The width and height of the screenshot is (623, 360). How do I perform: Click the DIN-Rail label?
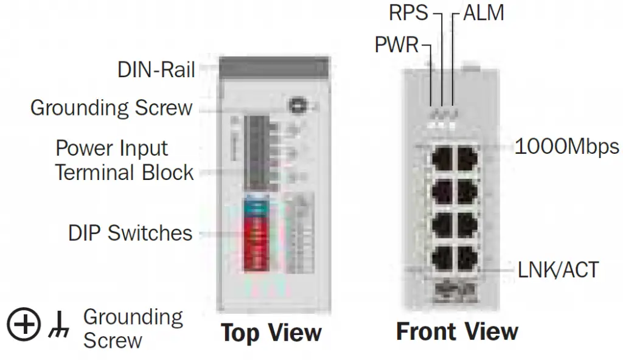coord(156,69)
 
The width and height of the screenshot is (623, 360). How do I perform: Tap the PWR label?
coord(397,45)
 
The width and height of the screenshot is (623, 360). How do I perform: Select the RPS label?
coord(408,13)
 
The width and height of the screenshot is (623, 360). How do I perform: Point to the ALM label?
coord(484,13)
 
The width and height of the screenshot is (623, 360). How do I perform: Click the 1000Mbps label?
coord(566,147)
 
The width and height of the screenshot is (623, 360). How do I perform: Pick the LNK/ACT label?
coord(558,269)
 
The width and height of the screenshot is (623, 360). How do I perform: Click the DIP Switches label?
coord(130,232)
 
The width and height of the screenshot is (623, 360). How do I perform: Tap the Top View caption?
coord(271,333)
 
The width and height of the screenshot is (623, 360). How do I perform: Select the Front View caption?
coord(457,331)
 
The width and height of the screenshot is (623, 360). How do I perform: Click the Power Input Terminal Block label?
coord(124,161)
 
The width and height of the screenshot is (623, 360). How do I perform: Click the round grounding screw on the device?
coord(298,106)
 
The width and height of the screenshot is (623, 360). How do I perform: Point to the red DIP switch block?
coord(256,246)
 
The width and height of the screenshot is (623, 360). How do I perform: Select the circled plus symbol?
coord(24,324)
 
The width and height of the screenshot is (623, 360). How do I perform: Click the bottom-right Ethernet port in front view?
coord(467,260)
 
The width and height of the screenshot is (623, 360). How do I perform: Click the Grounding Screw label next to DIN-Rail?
coord(111,108)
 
